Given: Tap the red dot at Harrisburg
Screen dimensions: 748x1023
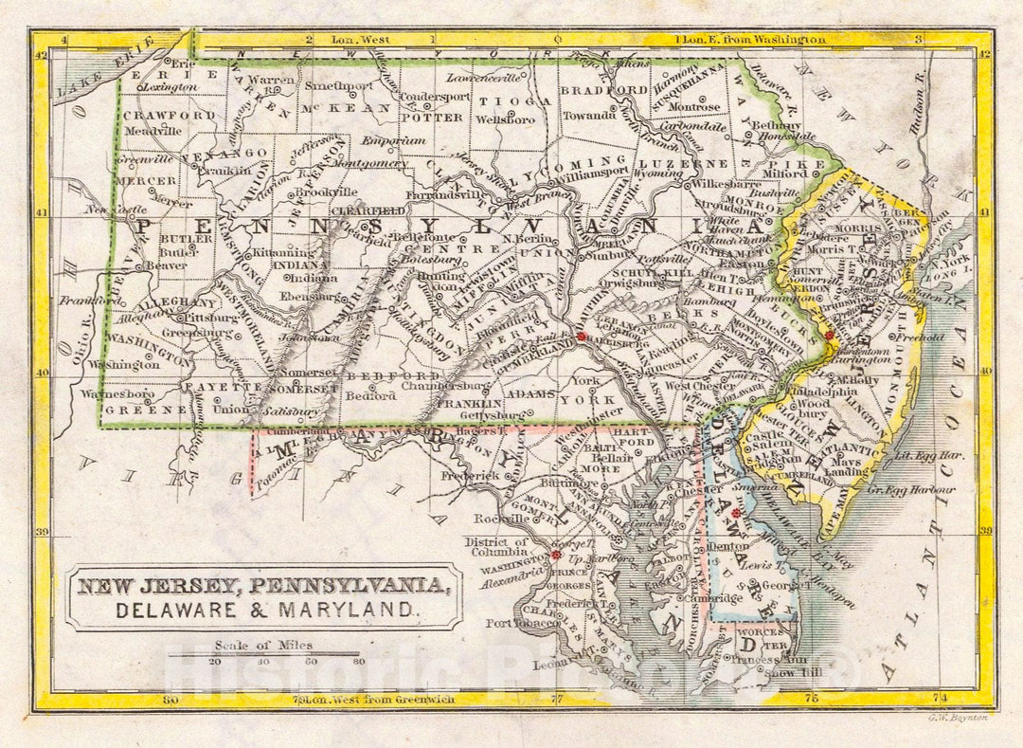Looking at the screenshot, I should [x=582, y=337].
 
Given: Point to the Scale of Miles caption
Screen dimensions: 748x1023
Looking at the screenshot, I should [x=263, y=646].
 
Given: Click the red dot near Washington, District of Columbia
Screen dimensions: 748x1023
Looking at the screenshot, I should [x=556, y=556].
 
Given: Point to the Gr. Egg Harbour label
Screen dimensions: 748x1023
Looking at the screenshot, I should [x=919, y=490].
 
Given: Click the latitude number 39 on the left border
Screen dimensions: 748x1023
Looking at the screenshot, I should [x=43, y=532].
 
